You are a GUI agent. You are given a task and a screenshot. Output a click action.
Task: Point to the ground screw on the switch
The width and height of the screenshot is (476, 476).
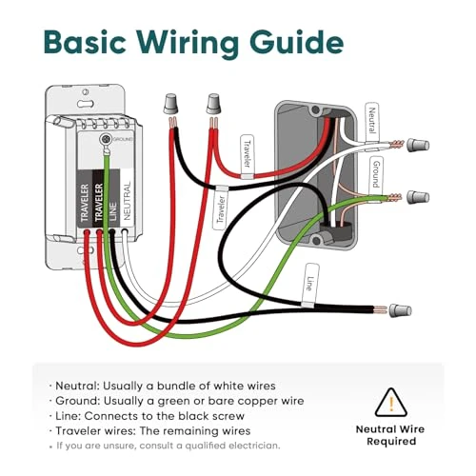[106, 139]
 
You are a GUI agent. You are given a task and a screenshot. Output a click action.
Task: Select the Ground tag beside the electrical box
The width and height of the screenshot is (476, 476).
[376, 176]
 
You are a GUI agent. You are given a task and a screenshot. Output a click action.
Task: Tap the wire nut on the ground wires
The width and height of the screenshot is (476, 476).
[415, 199]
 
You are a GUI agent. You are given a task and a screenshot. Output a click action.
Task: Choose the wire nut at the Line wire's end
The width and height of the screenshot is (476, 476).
[403, 310]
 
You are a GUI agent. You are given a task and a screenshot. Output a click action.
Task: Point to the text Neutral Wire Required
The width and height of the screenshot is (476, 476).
[388, 436]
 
